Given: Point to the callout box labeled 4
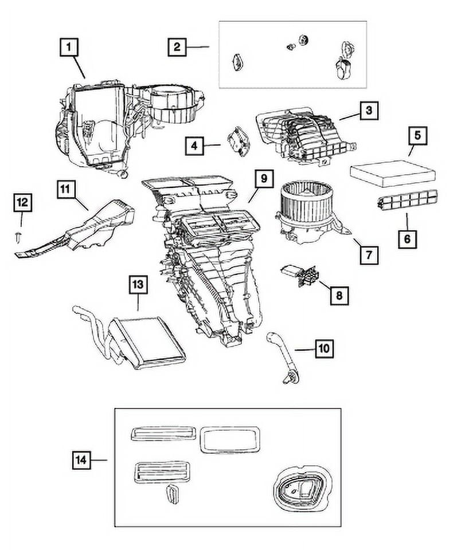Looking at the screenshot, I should (195, 146).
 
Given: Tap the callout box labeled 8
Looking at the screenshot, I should (338, 294).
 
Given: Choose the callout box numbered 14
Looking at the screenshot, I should (83, 459).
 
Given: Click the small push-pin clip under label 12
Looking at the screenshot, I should (21, 235).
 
